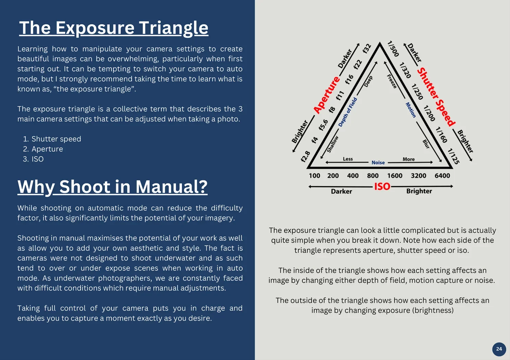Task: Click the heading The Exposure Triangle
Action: coord(113,28)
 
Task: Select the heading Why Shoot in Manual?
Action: coord(112,187)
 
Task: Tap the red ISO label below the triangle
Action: coord(382,187)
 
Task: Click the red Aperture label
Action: coord(327,95)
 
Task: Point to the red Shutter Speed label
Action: coord(436,97)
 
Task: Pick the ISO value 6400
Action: coord(442,176)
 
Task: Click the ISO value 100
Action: coord(314,176)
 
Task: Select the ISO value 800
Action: coord(373,176)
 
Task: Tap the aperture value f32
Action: coord(367,49)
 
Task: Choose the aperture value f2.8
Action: coord(305,156)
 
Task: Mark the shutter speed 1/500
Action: coord(393,49)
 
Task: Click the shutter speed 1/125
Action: coord(453,156)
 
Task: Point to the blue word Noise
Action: coord(378,163)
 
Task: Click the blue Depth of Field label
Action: coord(348,112)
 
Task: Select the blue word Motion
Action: coord(411,110)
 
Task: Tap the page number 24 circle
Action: coord(499,349)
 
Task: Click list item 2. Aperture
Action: coord(43,149)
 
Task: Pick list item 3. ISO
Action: coord(33,159)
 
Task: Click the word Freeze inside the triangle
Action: coord(392,81)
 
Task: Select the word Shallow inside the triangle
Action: coord(332,144)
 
